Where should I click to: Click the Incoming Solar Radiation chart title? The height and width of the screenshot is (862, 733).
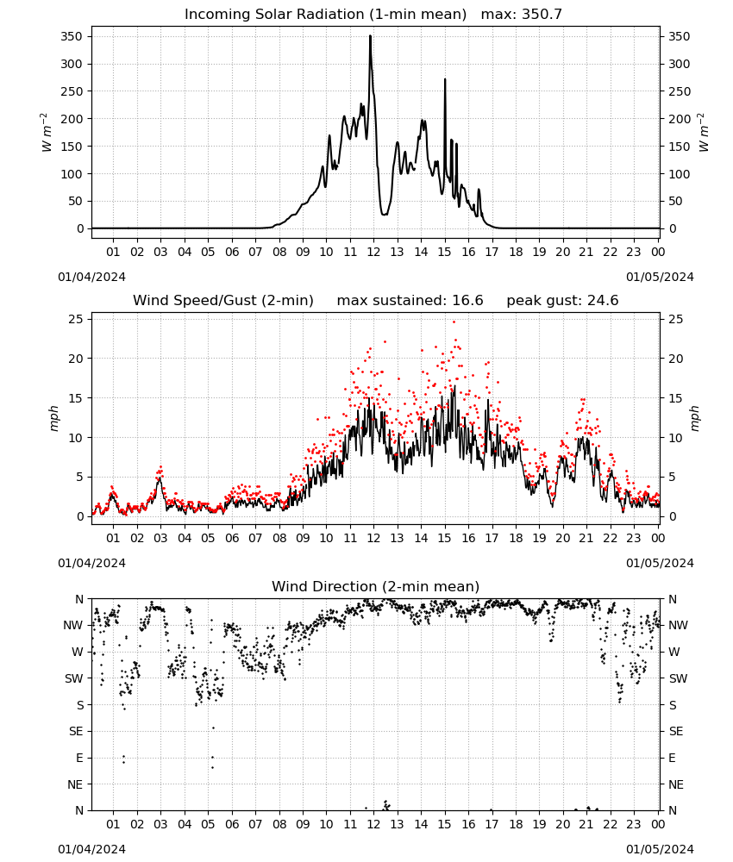pyautogui.click(x=325, y=14)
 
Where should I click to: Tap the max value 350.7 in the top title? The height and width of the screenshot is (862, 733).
pyautogui.click(x=542, y=14)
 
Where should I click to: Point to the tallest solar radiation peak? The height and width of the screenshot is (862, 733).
pyautogui.click(x=370, y=37)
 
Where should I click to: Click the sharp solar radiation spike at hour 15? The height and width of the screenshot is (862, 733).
pyautogui.click(x=445, y=80)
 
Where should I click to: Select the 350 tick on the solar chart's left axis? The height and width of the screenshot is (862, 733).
pyautogui.click(x=72, y=37)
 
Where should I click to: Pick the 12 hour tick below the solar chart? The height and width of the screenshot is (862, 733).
pyautogui.click(x=373, y=252)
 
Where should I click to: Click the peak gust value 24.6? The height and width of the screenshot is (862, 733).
pyautogui.click(x=604, y=300)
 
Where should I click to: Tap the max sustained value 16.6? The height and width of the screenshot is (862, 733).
pyautogui.click(x=467, y=300)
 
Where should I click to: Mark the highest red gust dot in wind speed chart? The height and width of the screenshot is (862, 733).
pyautogui.click(x=454, y=322)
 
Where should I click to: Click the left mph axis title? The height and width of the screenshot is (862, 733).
pyautogui.click(x=53, y=418)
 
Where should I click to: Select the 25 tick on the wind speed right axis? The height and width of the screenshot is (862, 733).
pyautogui.click(x=676, y=320)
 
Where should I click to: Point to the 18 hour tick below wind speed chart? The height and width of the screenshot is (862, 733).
pyautogui.click(x=516, y=538)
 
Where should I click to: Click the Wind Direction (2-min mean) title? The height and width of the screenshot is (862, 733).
pyautogui.click(x=376, y=586)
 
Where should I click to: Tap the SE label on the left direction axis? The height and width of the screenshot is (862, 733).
pyautogui.click(x=76, y=731)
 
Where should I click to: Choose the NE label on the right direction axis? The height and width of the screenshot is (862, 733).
pyautogui.click(x=676, y=784)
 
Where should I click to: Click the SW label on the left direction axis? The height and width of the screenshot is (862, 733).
pyautogui.click(x=74, y=678)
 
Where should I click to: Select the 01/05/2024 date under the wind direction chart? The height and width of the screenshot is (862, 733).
pyautogui.click(x=660, y=849)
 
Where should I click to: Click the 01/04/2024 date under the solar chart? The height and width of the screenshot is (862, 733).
pyautogui.click(x=91, y=277)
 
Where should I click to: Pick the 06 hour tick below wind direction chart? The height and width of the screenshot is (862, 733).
pyautogui.click(x=231, y=824)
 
